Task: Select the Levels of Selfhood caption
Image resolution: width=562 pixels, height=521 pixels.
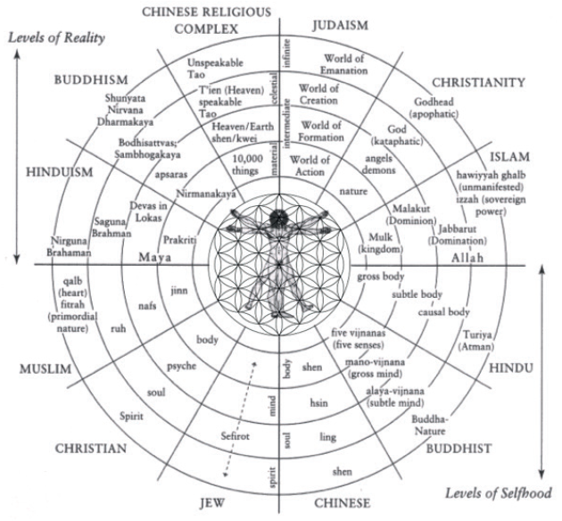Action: [496, 492]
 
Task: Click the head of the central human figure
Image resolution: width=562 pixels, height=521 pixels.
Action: [280, 217]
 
